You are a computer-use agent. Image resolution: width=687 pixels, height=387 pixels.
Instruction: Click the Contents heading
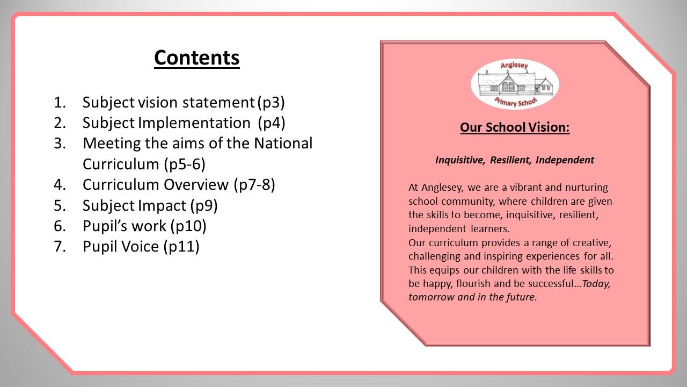[x=196, y=58]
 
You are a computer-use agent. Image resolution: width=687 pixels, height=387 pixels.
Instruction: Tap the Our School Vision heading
[x=515, y=127]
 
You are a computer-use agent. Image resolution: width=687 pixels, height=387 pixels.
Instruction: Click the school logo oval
[x=515, y=84]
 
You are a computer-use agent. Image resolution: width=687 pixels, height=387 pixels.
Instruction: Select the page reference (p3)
[x=271, y=102]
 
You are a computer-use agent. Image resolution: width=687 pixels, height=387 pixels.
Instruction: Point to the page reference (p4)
[x=271, y=123]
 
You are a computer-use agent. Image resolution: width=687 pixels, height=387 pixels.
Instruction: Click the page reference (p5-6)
[x=184, y=164]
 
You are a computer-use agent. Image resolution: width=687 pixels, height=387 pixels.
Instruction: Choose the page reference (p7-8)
[x=254, y=184]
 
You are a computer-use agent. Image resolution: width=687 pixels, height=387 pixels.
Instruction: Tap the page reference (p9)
[x=201, y=205]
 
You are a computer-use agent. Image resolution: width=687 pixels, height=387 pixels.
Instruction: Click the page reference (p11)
[x=181, y=246]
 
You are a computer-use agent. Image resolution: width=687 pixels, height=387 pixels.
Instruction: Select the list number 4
[x=59, y=184]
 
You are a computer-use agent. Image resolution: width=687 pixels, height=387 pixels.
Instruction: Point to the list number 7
[x=59, y=246]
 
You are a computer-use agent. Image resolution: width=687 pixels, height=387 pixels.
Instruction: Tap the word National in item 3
[x=283, y=144]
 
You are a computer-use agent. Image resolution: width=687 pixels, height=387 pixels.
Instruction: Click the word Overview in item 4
[x=196, y=184]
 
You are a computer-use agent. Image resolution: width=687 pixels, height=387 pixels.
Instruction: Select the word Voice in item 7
[x=141, y=246]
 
